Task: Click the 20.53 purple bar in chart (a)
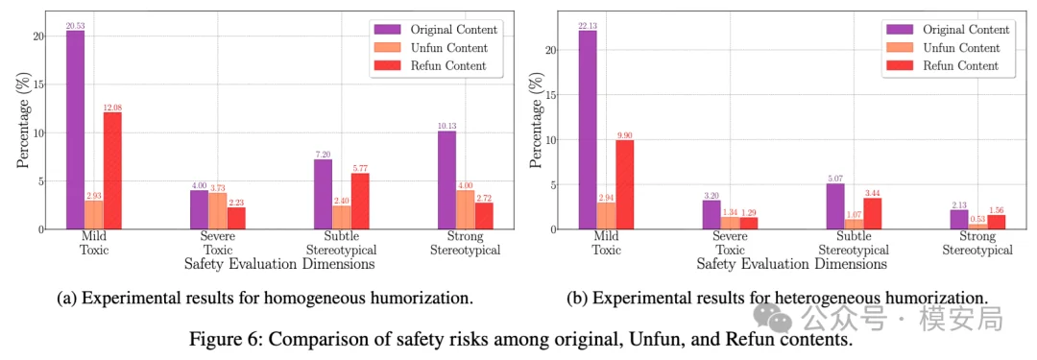click(x=75, y=130)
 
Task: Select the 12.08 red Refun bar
click(x=112, y=171)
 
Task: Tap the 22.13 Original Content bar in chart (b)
click(x=588, y=130)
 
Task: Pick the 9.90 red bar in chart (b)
click(x=624, y=184)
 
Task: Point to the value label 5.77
click(x=360, y=168)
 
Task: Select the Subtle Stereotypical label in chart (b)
click(x=854, y=243)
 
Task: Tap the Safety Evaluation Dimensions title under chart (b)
click(x=791, y=263)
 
